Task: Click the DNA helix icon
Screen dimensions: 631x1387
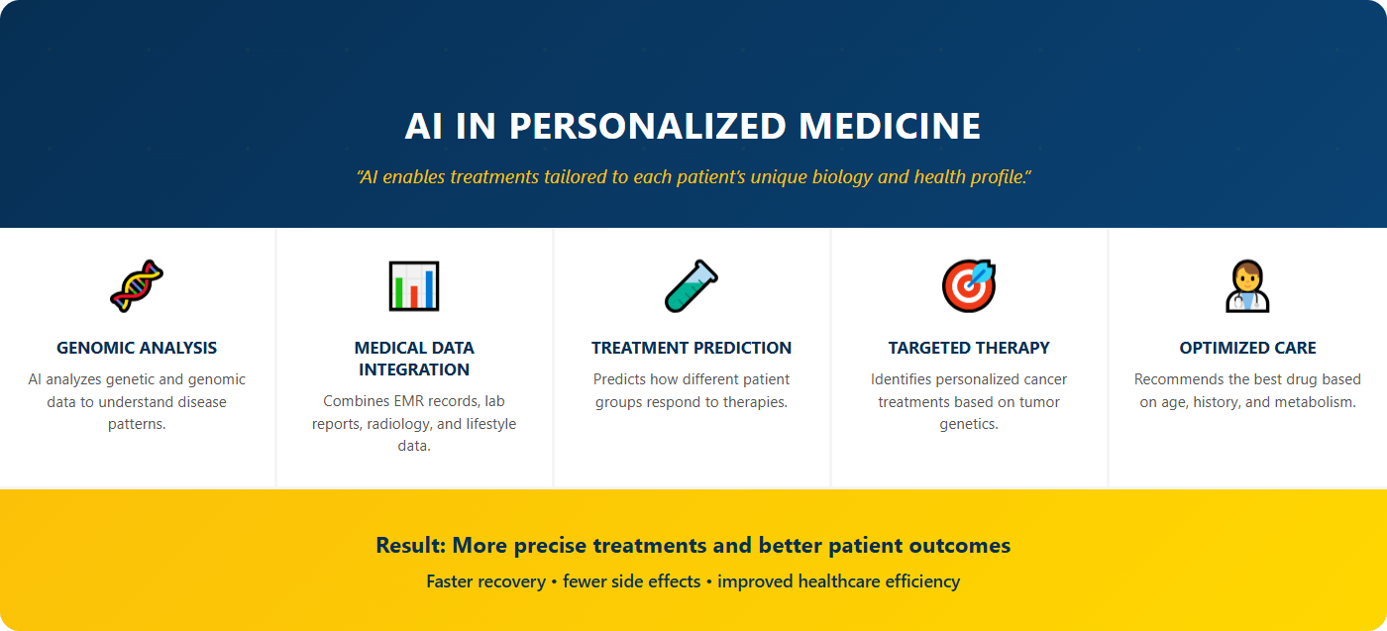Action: pyautogui.click(x=137, y=285)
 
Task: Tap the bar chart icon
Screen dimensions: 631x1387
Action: pyautogui.click(x=414, y=285)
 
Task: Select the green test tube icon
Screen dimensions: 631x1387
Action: pyautogui.click(x=691, y=285)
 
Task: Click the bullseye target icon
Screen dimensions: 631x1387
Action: pyautogui.click(x=968, y=285)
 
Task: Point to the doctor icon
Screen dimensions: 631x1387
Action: pyautogui.click(x=1247, y=285)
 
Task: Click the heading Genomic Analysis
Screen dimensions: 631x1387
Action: pyautogui.click(x=137, y=348)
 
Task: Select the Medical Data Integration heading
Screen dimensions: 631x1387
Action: pyautogui.click(x=414, y=359)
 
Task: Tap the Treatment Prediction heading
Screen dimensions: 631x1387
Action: pyautogui.click(x=692, y=348)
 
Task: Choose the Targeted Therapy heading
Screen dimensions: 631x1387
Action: pyautogui.click(x=969, y=348)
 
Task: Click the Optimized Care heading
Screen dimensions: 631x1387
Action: pyautogui.click(x=1247, y=348)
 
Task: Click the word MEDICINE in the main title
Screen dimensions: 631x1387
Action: pyautogui.click(x=890, y=126)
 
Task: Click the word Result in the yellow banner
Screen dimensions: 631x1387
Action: pyautogui.click(x=409, y=545)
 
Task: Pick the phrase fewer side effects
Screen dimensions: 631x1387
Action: pyautogui.click(x=631, y=581)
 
